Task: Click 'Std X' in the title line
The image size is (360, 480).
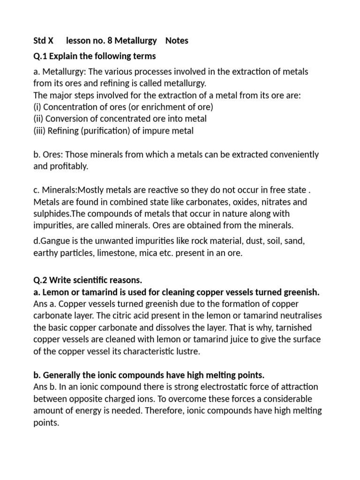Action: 43,41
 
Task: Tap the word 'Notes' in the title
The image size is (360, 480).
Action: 177,41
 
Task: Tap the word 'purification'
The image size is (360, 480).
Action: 109,131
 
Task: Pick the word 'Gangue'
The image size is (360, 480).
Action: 54,241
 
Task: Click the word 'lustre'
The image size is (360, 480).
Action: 186,351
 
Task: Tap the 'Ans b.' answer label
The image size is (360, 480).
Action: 45,387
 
